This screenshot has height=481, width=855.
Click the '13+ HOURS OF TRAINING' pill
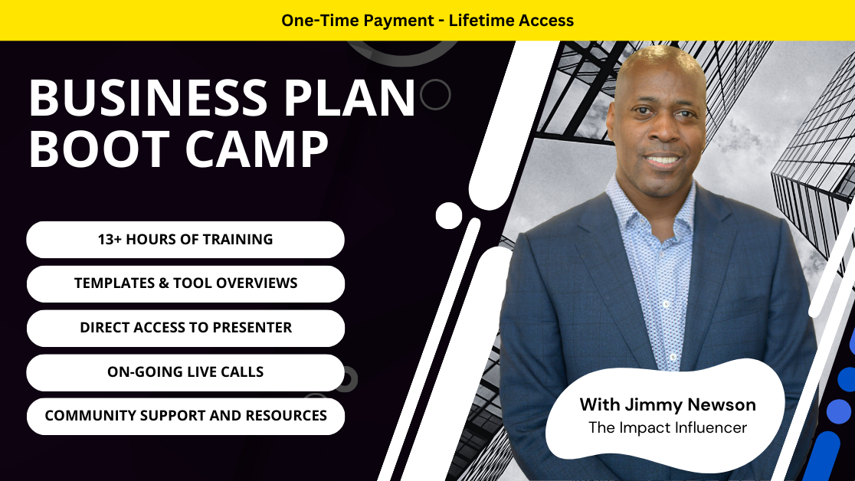pos(185,240)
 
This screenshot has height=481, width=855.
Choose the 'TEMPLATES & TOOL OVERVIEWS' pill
pos(185,283)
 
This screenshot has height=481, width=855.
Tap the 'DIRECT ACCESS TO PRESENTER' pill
pos(185,328)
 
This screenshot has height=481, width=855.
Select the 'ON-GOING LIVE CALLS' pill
pos(185,372)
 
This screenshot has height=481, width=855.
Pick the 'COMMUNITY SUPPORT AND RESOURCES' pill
pos(185,416)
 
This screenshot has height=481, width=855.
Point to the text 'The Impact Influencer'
pos(667,427)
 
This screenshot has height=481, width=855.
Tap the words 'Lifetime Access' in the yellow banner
pos(511,20)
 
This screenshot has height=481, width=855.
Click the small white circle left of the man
pos(449,215)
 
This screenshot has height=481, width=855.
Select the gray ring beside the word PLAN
pos(436,95)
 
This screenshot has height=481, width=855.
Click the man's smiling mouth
pos(662,161)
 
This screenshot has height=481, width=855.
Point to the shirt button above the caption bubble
pos(672,357)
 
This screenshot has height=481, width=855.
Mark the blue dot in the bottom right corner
pos(839,411)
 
